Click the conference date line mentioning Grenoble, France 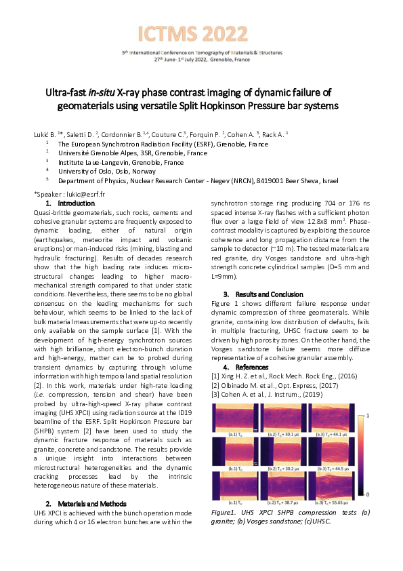click(201, 60)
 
